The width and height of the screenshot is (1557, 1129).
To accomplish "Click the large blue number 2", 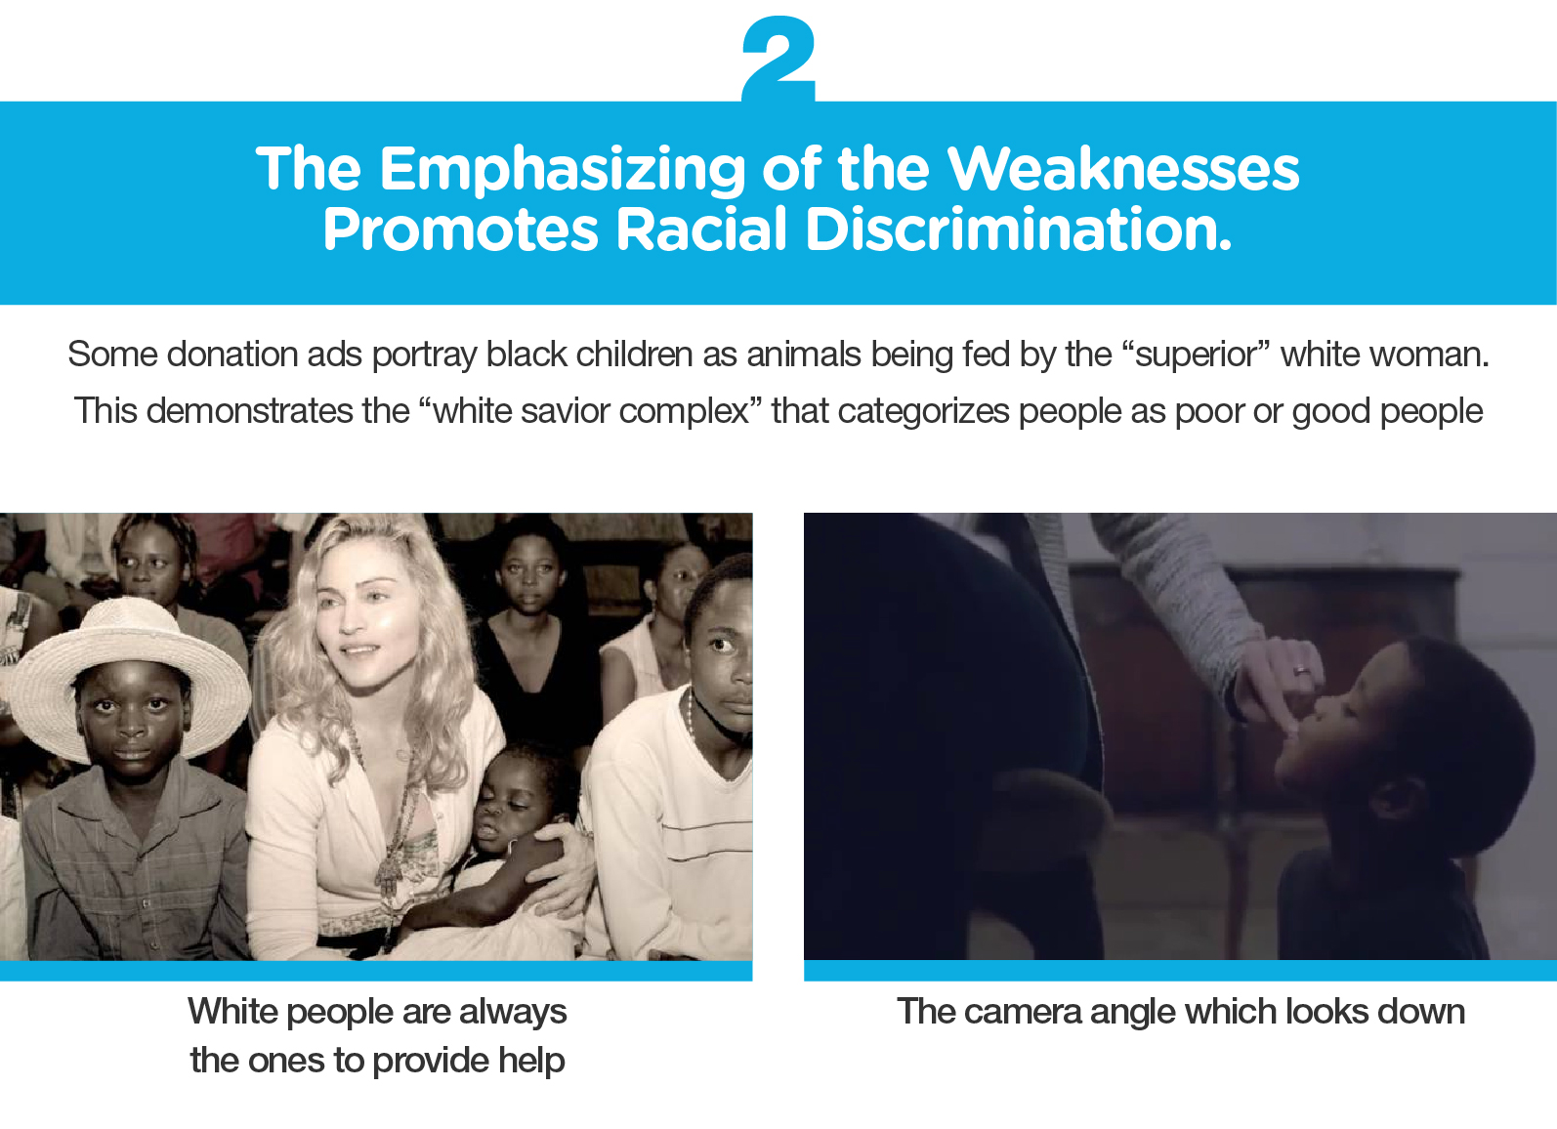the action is [x=778, y=60].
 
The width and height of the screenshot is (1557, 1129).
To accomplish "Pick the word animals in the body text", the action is [x=804, y=354].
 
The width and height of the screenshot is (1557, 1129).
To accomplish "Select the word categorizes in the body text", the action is [x=923, y=412].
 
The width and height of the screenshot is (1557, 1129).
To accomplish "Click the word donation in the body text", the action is [x=232, y=354].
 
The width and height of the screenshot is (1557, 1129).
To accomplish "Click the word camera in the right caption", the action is [x=1023, y=1012].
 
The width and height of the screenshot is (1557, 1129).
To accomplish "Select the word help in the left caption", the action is [x=531, y=1062].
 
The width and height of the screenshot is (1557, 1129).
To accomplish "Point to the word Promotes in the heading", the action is [x=460, y=229].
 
